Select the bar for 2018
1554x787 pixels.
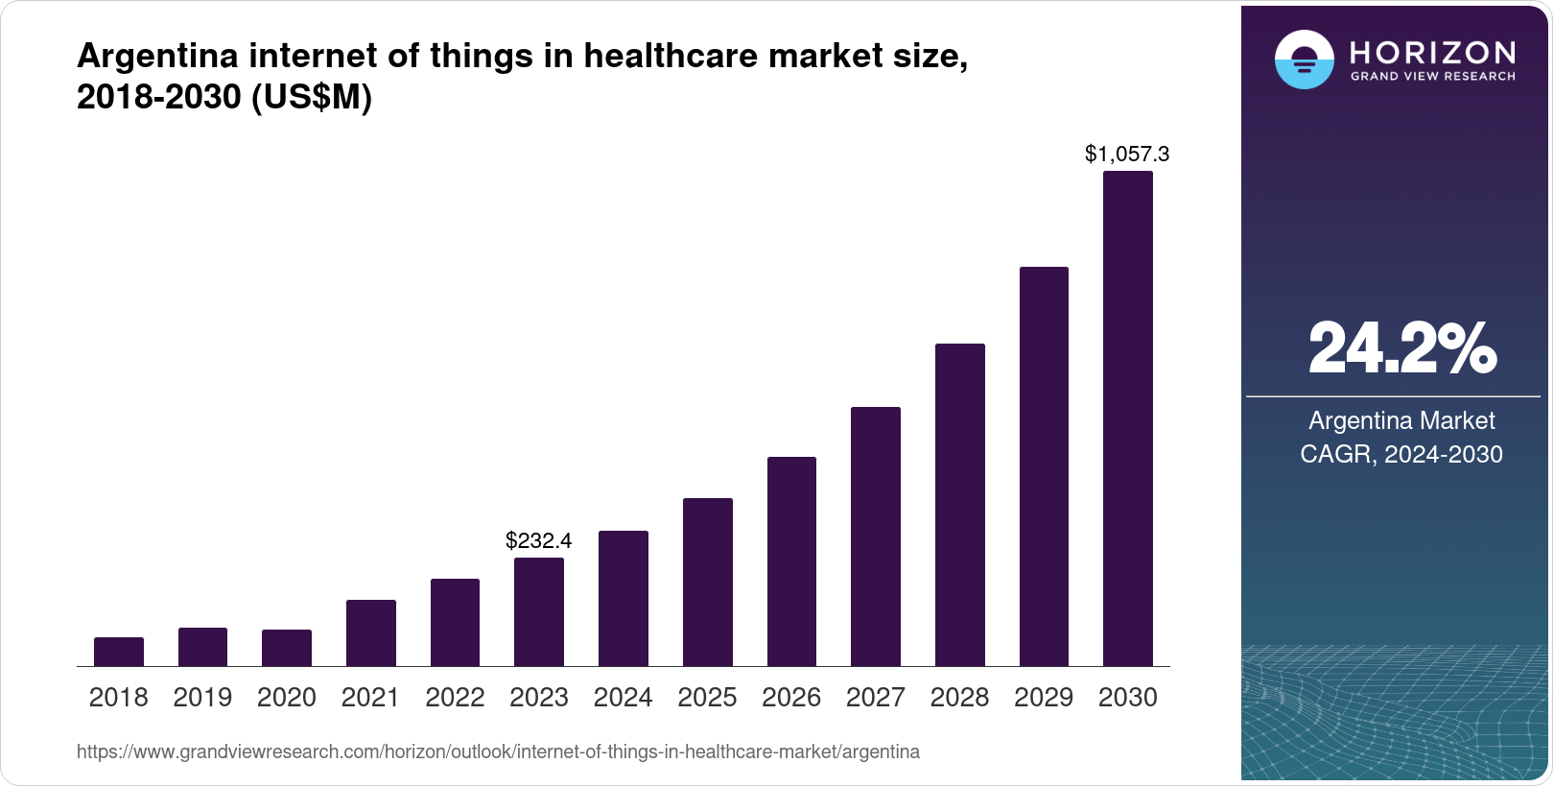coord(119,652)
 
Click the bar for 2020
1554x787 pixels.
coord(287,648)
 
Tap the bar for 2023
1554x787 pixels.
coord(539,612)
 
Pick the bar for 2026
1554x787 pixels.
coord(791,561)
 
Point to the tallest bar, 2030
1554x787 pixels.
coord(1128,418)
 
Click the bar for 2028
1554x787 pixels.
coord(960,505)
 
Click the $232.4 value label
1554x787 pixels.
coord(539,540)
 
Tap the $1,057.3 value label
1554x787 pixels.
coord(1127,154)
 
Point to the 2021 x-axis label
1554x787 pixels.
coord(370,698)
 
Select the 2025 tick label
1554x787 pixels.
coord(707,698)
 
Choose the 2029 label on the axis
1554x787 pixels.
coord(1044,698)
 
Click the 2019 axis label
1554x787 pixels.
coord(202,698)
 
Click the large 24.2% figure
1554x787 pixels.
coord(1401,348)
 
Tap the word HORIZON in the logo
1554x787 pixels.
coord(1432,53)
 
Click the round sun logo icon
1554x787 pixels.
coord(1304,60)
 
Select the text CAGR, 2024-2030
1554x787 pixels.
coord(1401,454)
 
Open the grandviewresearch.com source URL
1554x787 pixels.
coord(498,752)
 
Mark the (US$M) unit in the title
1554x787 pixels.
coord(311,97)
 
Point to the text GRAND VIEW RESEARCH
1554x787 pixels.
coord(1432,76)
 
